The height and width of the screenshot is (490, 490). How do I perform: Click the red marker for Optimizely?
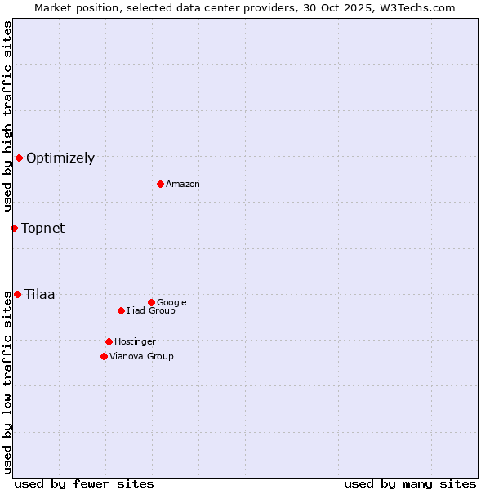pos(19,158)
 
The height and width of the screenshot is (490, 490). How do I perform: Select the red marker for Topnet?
pos(14,228)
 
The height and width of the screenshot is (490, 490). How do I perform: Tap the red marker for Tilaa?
pos(17,294)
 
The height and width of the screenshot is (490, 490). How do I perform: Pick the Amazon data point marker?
pos(160,184)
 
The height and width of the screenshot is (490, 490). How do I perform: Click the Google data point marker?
pos(151,302)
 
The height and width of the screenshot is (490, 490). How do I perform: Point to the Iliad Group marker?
pos(121,310)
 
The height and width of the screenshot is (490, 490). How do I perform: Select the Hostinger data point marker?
pos(109,341)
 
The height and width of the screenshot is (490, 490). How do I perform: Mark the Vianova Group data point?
pos(104,356)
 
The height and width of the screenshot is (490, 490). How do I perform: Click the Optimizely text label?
pos(60,158)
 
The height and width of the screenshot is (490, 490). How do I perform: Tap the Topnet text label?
pos(43,229)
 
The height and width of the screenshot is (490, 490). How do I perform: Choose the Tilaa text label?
pos(40,295)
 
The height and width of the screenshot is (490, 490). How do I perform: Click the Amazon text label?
pos(183,185)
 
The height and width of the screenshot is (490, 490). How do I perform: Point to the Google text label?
pos(171,303)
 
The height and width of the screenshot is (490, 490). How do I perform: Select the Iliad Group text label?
pos(151,311)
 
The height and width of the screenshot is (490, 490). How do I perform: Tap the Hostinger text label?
pos(135,342)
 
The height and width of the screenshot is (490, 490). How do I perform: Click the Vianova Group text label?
pos(141,357)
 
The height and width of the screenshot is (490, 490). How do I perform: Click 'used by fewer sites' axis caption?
pos(84,484)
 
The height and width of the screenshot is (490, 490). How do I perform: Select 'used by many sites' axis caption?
pos(410,484)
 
